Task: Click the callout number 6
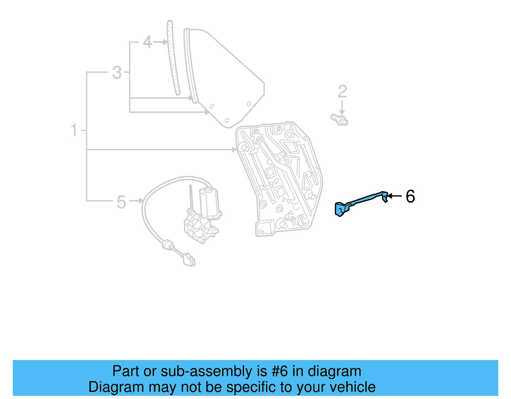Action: point(410,196)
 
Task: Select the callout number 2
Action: point(342,92)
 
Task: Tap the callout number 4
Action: point(147,42)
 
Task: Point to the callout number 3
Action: point(117,73)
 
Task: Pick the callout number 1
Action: point(74,130)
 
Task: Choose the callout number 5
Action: point(121,202)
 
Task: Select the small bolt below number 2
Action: point(339,119)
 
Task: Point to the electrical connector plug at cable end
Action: point(189,260)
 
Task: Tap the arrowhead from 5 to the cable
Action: point(141,201)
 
